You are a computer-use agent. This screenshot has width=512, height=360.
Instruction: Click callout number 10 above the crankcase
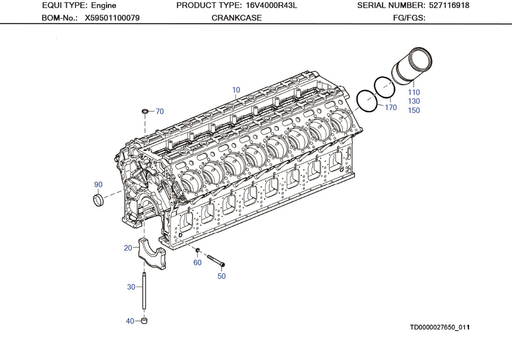click(x=236, y=90)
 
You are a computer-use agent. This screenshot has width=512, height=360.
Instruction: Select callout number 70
click(x=159, y=111)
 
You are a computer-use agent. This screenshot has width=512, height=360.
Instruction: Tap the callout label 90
click(x=98, y=185)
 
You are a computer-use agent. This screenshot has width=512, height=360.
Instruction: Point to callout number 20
click(x=128, y=248)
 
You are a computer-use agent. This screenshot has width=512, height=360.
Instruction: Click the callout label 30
click(x=131, y=287)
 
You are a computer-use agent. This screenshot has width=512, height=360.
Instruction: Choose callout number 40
click(x=130, y=321)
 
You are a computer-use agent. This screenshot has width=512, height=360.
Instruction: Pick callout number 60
click(x=197, y=263)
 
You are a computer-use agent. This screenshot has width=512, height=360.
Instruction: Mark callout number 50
click(x=221, y=276)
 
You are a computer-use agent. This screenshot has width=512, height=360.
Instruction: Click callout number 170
click(x=391, y=108)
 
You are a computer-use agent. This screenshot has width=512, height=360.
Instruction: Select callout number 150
click(x=414, y=111)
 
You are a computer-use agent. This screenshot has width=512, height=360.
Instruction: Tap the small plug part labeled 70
click(x=145, y=111)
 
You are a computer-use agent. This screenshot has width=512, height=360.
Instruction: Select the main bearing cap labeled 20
click(x=152, y=255)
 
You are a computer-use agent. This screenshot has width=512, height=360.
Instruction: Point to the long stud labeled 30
click(x=145, y=291)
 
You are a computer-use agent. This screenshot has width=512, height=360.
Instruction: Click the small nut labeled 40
click(x=144, y=321)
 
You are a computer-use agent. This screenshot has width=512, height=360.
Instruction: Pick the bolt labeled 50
click(x=215, y=260)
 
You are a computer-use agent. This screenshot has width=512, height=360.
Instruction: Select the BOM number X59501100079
click(x=112, y=18)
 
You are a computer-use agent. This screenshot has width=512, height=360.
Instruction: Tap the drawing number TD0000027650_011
click(x=439, y=327)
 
